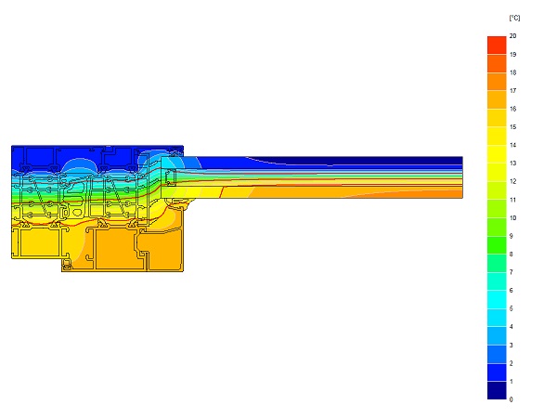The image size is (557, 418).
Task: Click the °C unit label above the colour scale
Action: [x=514, y=18]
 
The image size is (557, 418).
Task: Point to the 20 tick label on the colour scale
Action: [x=512, y=36]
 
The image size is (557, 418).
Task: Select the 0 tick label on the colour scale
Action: [x=512, y=399]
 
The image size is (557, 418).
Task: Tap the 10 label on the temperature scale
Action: [x=512, y=218]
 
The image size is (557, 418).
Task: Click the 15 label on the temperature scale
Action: [x=512, y=127]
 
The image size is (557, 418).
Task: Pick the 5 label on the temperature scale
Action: [x=512, y=308]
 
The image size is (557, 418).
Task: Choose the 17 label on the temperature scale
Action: [x=512, y=91]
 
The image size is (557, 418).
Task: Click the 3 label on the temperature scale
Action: [x=512, y=346]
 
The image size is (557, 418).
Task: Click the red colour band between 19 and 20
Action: [x=497, y=46]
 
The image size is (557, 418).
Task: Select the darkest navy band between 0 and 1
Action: [x=497, y=390]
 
